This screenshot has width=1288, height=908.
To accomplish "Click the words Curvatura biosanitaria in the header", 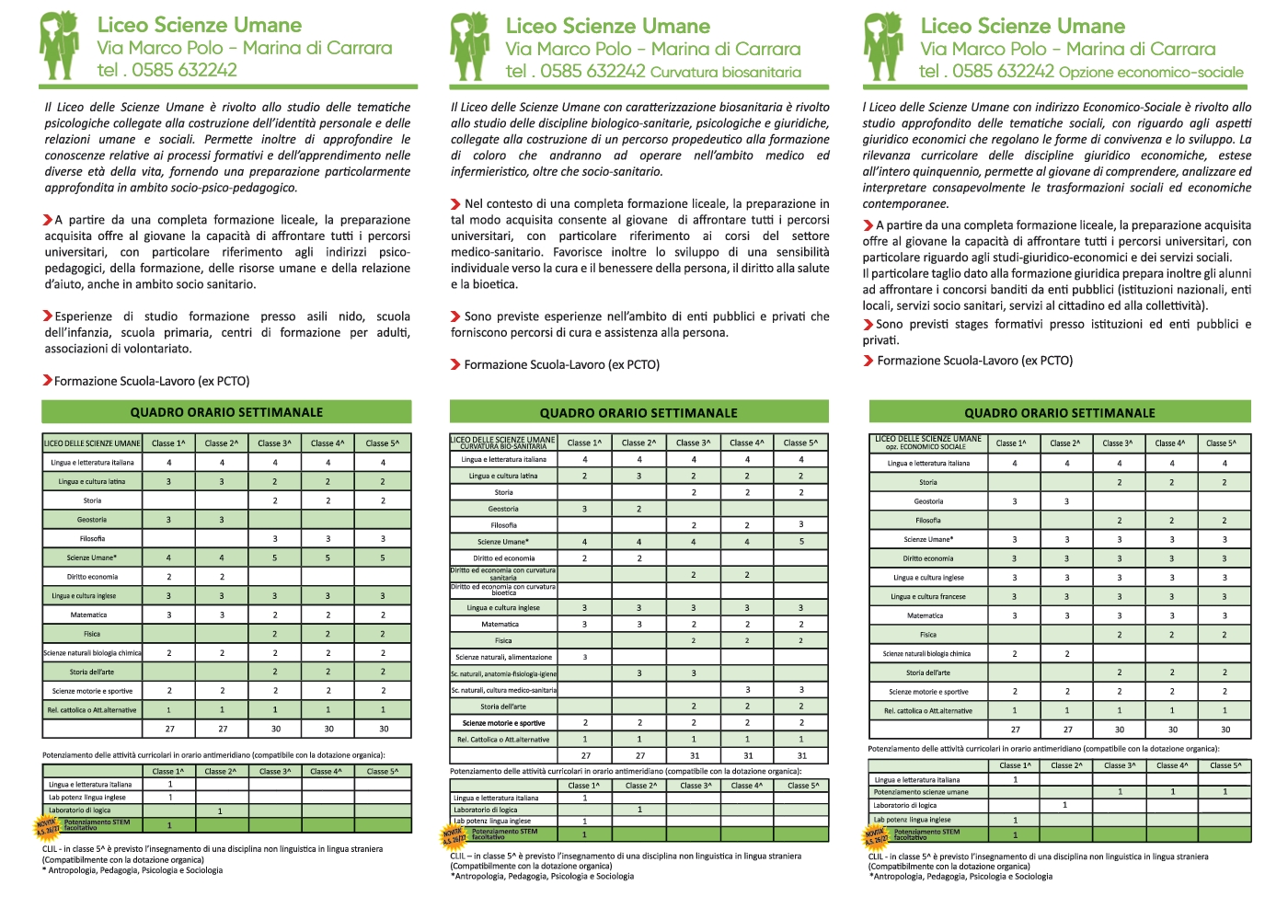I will tap(726, 72).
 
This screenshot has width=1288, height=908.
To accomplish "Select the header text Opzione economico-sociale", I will tap(1151, 72).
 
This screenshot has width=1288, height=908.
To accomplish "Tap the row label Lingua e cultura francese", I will tap(928, 596).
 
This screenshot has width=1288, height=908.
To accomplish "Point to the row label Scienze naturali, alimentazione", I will tap(503, 657).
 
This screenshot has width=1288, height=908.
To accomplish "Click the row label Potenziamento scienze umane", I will tap(921, 791).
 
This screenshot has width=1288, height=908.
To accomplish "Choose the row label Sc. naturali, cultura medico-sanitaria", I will tap(503, 690).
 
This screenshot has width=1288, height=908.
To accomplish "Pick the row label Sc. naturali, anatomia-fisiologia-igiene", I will tap(503, 673).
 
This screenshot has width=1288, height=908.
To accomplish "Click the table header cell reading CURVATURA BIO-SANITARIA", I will tap(503, 446).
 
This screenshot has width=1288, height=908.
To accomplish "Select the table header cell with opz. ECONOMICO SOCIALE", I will tap(928, 446).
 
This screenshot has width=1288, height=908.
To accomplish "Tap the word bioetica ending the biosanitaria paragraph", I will tap(496, 284).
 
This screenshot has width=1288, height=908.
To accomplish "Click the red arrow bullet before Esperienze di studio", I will tap(47, 316).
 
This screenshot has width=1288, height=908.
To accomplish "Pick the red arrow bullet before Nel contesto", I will tap(455, 204).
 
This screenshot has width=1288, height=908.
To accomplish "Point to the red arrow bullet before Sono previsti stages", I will tap(868, 324).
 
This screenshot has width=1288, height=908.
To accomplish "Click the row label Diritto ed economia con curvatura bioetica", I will tap(503, 590).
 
